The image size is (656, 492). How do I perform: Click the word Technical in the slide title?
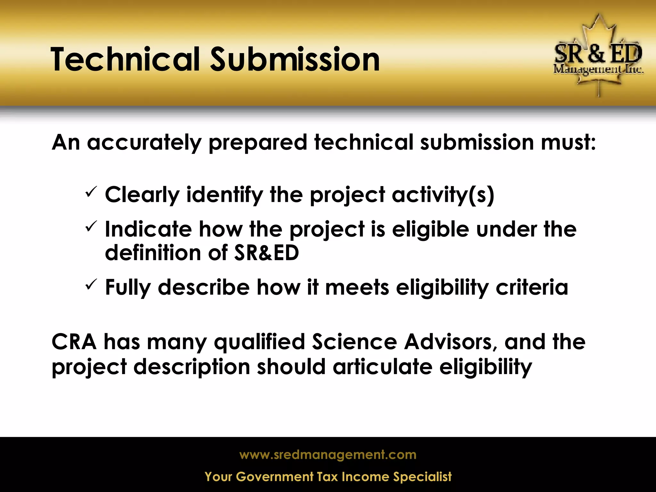tap(125, 60)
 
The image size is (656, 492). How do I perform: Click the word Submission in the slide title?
tap(295, 60)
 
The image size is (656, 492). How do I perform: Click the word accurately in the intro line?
tap(144, 143)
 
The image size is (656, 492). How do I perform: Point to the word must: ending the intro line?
tap(568, 142)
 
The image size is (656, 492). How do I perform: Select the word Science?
tap(354, 342)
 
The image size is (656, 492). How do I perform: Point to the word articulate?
tap(382, 367)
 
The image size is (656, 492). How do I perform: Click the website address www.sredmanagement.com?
tap(328, 455)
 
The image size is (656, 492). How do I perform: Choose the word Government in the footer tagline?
tap(275, 477)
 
